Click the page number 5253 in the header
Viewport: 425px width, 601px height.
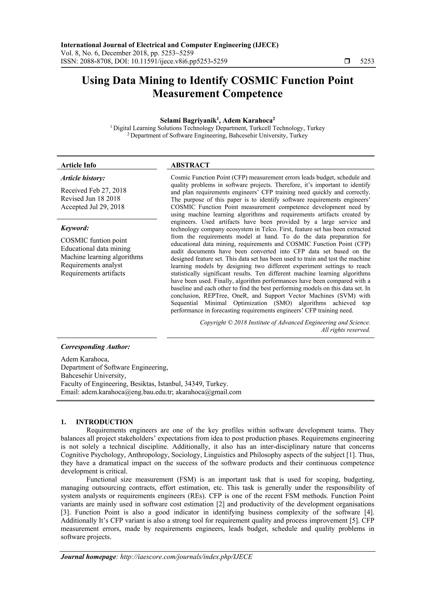pos(367,61)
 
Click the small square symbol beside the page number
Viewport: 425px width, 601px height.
pos(347,61)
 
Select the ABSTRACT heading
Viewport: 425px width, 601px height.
pos(190,165)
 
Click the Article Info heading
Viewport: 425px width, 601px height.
pos(78,165)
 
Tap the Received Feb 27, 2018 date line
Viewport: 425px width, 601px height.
pos(93,190)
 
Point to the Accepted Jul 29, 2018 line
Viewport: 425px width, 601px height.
pos(92,207)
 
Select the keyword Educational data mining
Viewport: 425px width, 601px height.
pos(95,248)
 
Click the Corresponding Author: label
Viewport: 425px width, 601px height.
pos(95,347)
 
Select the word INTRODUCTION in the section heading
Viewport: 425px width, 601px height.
pos(104,422)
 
